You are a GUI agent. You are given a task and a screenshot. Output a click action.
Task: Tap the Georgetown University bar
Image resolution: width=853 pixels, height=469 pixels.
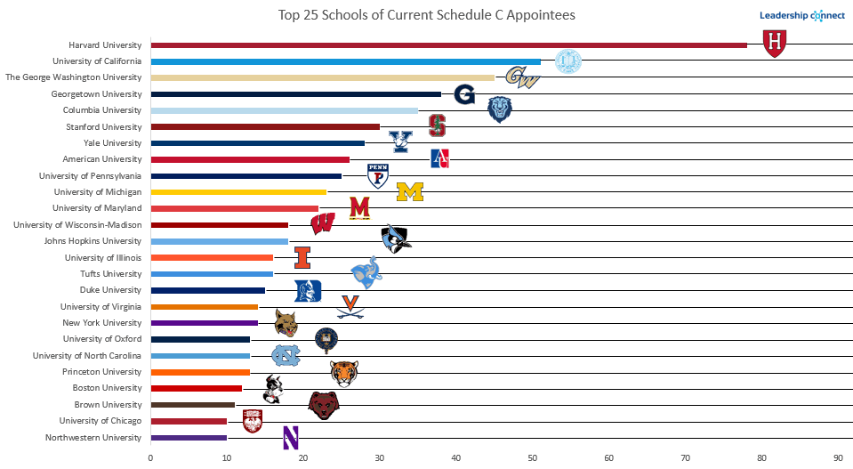pyautogui.click(x=295, y=93)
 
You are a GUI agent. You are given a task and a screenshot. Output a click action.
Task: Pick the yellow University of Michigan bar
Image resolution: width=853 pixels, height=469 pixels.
pyautogui.click(x=238, y=192)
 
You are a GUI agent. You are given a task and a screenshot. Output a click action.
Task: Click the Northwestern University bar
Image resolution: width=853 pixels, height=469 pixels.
pyautogui.click(x=189, y=438)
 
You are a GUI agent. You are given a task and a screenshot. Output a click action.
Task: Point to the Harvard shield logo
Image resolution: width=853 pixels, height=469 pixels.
pyautogui.click(x=776, y=42)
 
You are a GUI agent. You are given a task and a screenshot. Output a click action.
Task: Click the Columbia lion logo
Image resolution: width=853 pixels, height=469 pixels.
pyautogui.click(x=500, y=109)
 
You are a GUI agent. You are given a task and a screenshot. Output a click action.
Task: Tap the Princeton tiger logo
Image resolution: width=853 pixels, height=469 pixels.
pyautogui.click(x=343, y=374)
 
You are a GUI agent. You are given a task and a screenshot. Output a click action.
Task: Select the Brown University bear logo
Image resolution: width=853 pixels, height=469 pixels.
pyautogui.click(x=324, y=405)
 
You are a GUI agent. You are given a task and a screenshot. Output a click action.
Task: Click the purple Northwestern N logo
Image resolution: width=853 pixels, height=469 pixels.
pyautogui.click(x=290, y=437)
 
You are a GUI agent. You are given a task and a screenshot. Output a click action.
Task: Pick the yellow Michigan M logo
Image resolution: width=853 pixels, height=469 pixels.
pyautogui.click(x=410, y=192)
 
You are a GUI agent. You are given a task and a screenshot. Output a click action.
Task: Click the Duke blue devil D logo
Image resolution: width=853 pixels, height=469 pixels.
pyautogui.click(x=308, y=291)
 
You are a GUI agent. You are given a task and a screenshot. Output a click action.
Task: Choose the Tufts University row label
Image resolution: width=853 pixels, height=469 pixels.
pyautogui.click(x=110, y=274)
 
